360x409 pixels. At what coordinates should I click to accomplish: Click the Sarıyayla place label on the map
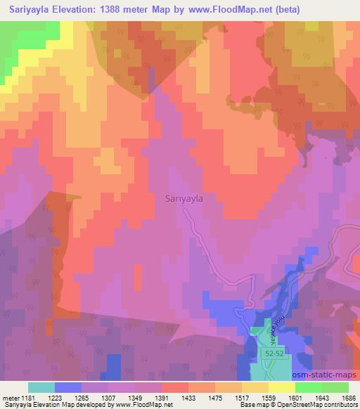click(x=184, y=199)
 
